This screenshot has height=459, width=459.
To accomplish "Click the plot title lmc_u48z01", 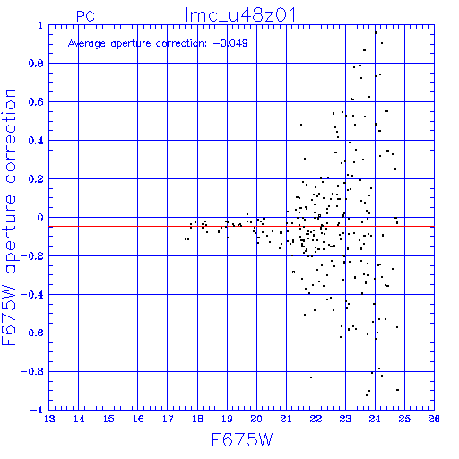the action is pos(240,15).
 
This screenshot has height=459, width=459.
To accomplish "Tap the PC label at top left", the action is pos(85,16).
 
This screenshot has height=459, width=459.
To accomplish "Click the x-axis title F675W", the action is pos(242,440).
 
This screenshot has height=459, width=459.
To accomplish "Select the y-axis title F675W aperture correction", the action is pos(9,217).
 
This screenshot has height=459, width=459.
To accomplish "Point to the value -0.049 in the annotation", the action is pos(230,43).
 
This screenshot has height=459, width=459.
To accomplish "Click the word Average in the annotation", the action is pos(87,44).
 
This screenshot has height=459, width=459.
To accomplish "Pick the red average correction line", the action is pos(241,227).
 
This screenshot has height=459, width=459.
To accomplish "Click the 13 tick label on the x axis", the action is pos(49,419).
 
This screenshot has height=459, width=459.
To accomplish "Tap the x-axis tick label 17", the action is pos(168,419).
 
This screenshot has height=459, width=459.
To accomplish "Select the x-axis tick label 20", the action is pos(256,419).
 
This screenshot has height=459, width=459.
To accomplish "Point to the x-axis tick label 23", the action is pos(345,419).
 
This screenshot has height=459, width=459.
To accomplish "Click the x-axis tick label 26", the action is pos(434,419).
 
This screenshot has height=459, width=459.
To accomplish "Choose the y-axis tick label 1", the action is pos(40,25).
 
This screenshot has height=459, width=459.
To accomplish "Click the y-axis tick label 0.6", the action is pos(36,102).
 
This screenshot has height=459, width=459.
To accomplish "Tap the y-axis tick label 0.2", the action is pos(36,179).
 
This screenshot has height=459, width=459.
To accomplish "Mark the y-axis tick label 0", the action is pos(40,218).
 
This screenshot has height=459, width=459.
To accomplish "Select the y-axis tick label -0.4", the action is pos(32,295).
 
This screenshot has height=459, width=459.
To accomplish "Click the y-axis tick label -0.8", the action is pos(32,372).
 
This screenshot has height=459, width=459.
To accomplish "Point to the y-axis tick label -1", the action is pos(37,410).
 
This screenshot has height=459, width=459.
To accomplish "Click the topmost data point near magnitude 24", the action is pos(376,33).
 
